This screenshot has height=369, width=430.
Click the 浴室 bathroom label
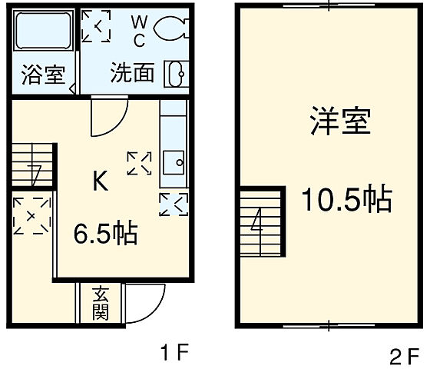[44, 77]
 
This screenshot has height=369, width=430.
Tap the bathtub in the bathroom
[44, 35]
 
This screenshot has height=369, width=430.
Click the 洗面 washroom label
[132, 73]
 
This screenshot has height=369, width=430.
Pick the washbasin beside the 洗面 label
[176, 74]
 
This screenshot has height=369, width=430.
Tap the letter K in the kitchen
[100, 182]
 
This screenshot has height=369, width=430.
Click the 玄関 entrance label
[101, 304]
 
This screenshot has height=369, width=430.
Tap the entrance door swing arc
[146, 304]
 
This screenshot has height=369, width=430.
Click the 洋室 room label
[342, 123]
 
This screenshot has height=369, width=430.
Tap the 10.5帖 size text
[346, 200]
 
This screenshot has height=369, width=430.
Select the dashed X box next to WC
[97, 25]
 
